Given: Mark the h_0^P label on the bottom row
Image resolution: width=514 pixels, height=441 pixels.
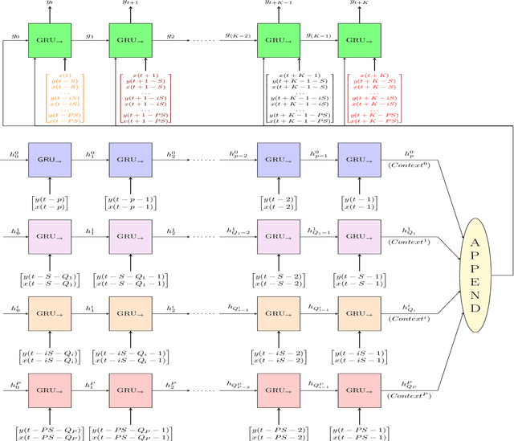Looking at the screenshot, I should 13,384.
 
